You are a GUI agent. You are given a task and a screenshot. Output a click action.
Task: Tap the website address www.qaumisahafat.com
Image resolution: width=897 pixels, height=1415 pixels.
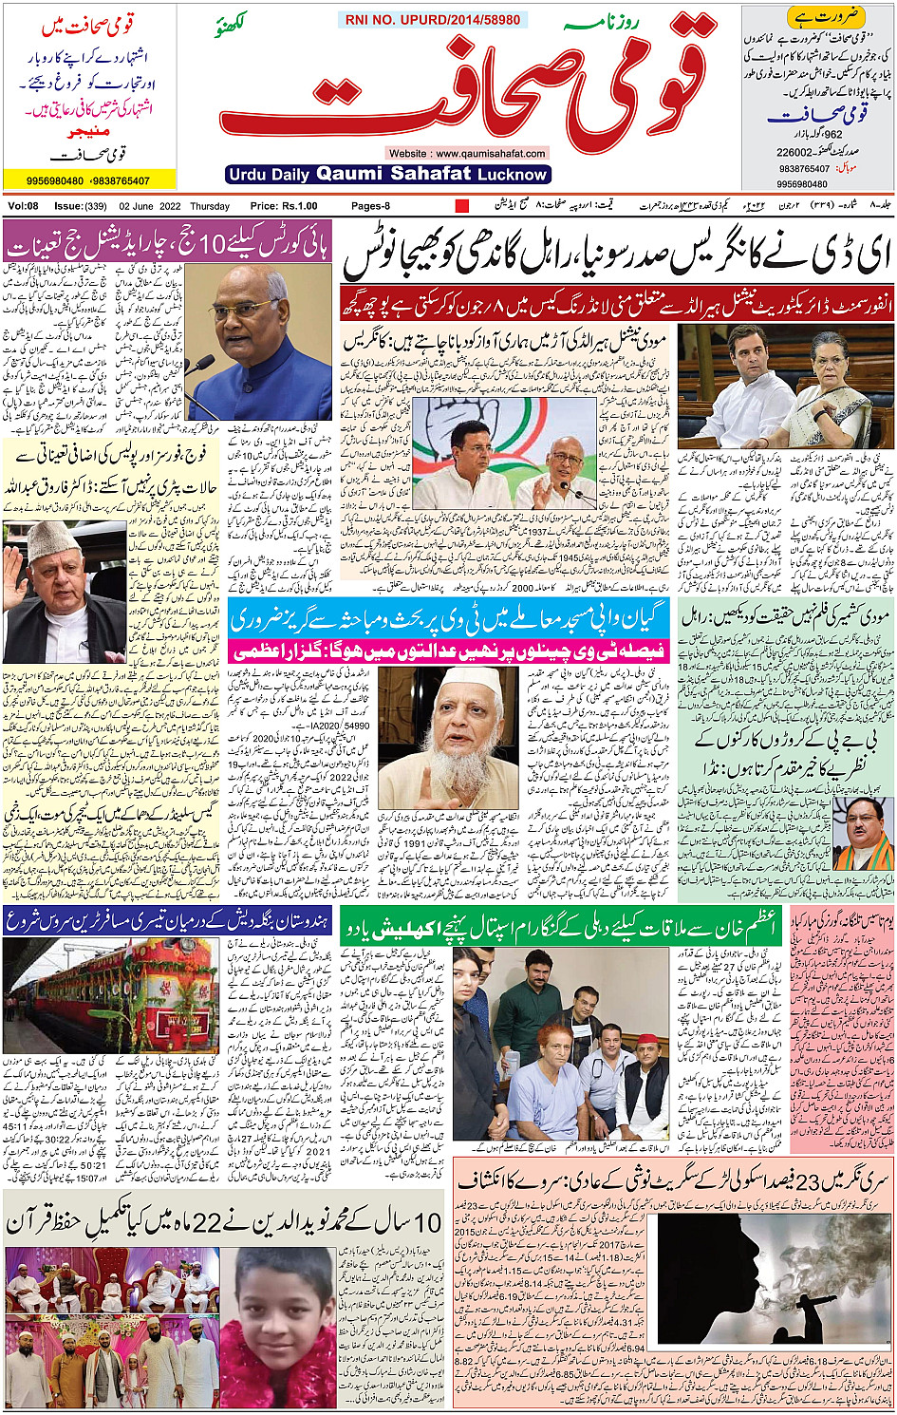tap(467, 153)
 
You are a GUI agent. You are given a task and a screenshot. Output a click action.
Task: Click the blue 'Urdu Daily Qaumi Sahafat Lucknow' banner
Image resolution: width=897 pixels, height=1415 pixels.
tap(388, 174)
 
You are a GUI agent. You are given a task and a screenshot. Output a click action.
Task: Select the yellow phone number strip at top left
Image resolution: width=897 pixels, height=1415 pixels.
tap(89, 179)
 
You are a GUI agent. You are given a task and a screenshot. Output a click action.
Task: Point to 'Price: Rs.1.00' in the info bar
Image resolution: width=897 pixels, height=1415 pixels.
tap(284, 206)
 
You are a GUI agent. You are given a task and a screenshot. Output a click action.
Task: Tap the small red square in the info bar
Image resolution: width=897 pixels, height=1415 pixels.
tap(462, 206)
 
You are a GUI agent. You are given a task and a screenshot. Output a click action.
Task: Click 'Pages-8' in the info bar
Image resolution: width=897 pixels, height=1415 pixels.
tap(370, 206)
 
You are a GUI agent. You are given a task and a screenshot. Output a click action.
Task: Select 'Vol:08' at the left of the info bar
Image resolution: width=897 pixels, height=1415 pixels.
tap(23, 206)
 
